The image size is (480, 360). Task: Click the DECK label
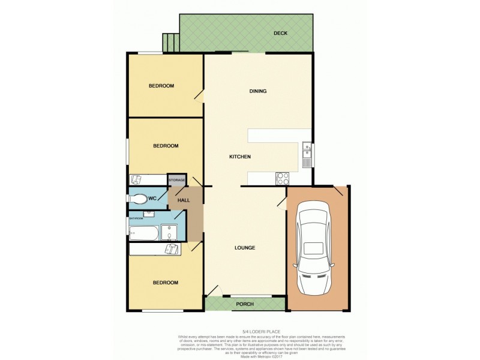(281, 34)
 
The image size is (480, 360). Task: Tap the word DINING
(258, 91)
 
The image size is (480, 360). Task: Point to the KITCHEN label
(239, 157)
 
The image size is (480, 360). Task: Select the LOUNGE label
(245, 247)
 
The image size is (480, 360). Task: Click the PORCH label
(245, 304)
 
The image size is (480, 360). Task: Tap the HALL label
(184, 200)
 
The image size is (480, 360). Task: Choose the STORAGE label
(176, 180)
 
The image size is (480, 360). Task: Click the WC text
(152, 198)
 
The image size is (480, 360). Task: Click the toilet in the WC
(137, 199)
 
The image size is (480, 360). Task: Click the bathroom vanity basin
(148, 213)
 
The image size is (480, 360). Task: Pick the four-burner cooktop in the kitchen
(282, 178)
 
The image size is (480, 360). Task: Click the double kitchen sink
(307, 154)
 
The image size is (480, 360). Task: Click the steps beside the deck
(170, 41)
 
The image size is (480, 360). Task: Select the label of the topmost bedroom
(161, 86)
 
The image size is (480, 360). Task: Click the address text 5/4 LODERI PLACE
(244, 331)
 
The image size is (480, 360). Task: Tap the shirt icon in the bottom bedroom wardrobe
(172, 249)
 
